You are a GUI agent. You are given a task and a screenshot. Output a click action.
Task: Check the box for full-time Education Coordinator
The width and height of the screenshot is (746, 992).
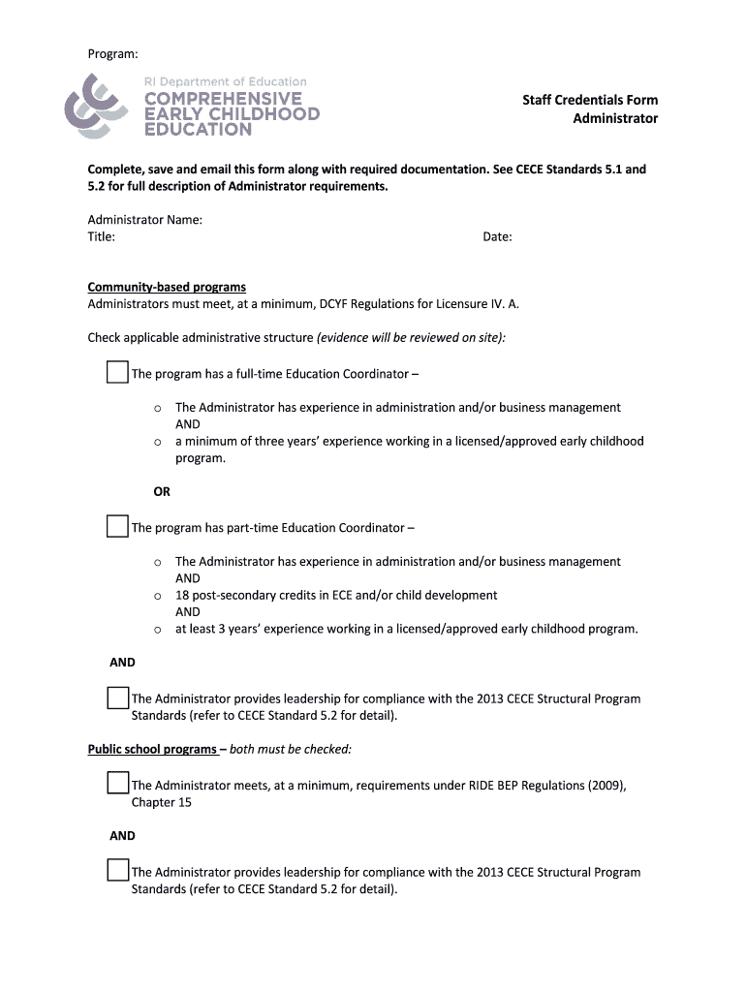point(117,372)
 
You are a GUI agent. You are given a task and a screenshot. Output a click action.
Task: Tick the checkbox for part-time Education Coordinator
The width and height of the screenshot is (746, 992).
point(117,526)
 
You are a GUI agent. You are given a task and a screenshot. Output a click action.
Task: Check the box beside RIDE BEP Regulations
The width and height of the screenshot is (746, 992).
point(117,783)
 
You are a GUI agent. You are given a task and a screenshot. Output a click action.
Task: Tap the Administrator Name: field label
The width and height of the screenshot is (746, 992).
point(145,220)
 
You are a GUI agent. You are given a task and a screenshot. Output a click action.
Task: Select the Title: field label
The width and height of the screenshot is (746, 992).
point(102,236)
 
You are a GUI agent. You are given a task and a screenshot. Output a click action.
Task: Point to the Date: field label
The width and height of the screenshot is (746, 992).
point(497,236)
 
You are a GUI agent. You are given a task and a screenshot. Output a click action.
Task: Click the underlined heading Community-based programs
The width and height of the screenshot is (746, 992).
point(167,287)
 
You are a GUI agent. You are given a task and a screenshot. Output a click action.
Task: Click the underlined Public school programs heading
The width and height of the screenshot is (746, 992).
point(152,749)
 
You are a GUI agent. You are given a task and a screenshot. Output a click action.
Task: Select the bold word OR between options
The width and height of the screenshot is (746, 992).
point(162,491)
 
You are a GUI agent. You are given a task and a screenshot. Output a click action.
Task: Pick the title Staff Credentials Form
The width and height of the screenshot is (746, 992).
point(590,100)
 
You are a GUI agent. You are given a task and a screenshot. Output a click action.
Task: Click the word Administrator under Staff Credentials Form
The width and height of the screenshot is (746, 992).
point(614,118)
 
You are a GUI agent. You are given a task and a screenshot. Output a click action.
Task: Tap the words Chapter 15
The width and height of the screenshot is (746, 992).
point(161,802)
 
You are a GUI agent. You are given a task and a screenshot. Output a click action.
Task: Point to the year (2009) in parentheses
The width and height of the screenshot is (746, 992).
point(606,786)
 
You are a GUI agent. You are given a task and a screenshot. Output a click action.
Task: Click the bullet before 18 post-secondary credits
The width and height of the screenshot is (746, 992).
point(157,596)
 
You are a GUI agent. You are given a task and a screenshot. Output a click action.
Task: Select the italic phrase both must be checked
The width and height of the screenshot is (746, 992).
point(291,749)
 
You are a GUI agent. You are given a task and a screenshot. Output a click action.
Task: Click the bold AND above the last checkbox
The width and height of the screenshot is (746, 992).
point(122,835)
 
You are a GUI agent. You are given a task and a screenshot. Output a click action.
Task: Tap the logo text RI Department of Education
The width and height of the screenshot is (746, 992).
point(226,81)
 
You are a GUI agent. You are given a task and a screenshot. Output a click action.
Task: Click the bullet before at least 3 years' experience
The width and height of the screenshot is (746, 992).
point(157,630)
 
